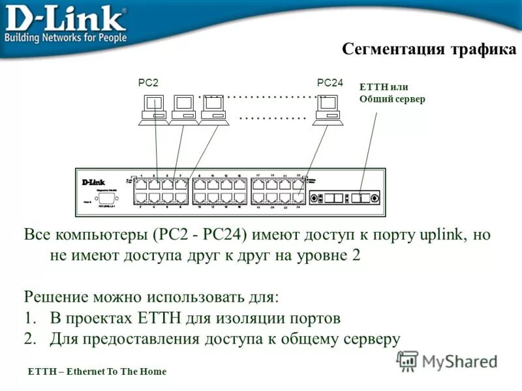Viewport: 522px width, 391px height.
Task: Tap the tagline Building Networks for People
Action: point(65,37)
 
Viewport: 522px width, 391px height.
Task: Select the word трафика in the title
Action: point(482,50)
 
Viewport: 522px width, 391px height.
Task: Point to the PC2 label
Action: point(149,83)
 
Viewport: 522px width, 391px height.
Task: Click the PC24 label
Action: point(330,82)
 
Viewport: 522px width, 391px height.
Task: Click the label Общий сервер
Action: point(391,99)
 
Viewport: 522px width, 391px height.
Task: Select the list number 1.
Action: point(29,318)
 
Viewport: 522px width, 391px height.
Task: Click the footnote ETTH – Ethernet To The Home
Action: point(97,371)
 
